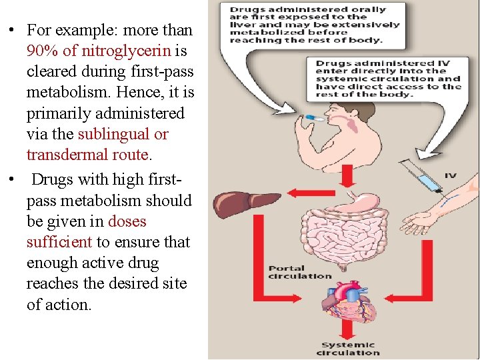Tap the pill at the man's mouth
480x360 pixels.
[313, 118]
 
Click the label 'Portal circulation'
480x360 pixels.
[300, 272]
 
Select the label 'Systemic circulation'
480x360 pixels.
[349, 349]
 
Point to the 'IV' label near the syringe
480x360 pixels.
[450, 175]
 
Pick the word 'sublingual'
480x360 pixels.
[113, 134]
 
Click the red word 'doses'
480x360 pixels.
[127, 221]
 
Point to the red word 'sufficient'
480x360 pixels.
[60, 242]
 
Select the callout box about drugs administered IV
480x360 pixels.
[387, 79]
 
